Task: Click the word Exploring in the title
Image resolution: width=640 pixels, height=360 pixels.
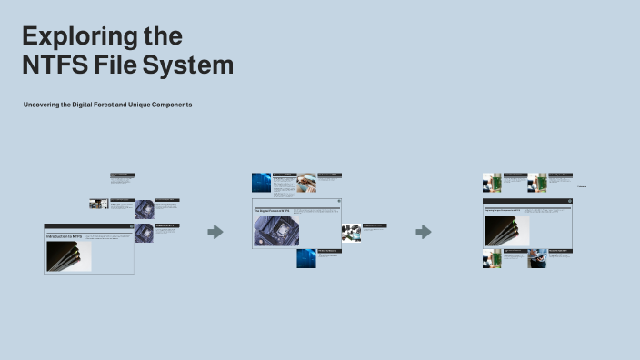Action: (69, 36)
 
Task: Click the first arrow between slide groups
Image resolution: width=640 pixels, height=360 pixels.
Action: (215, 232)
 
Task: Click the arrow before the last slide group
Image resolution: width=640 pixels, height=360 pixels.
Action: (424, 232)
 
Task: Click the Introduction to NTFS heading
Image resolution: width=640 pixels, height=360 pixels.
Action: (65, 236)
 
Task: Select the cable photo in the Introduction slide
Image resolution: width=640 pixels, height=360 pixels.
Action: (68, 255)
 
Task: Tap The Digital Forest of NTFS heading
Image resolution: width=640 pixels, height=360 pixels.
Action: (272, 211)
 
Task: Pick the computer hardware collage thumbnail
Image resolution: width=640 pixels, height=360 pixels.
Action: (351, 233)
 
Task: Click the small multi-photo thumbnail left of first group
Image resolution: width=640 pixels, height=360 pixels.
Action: (98, 204)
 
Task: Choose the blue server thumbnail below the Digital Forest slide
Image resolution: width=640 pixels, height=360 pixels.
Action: (306, 258)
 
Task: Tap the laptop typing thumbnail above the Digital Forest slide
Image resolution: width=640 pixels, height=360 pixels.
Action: (306, 182)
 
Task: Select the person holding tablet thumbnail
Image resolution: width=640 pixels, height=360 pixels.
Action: (537, 258)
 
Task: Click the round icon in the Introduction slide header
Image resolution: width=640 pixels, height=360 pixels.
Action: (129, 225)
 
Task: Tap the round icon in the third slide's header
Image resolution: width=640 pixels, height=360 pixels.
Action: (569, 201)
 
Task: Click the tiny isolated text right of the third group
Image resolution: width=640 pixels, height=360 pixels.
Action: (583, 186)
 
